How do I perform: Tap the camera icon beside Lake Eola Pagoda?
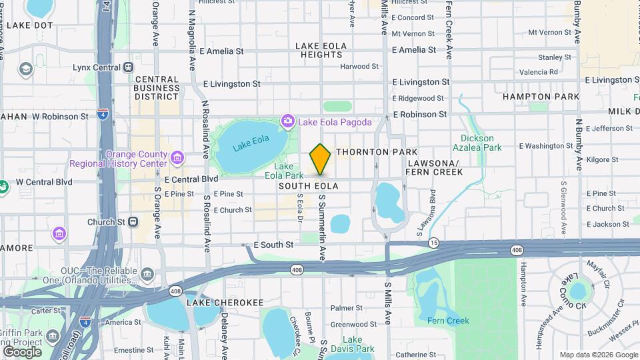(288, 121)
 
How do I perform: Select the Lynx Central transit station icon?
(128, 67)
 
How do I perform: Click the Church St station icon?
(133, 222)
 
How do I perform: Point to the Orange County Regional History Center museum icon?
(177, 158)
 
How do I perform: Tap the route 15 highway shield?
(434, 242)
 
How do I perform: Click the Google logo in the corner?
(22, 351)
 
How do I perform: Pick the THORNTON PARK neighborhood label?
(377, 152)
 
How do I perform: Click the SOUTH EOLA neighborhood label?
(309, 186)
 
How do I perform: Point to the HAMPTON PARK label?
(541, 97)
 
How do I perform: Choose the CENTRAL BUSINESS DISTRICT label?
(157, 87)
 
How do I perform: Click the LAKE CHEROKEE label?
(216, 303)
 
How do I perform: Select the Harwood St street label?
(359, 67)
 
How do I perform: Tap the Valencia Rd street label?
(539, 72)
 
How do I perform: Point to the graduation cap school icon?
(26, 69)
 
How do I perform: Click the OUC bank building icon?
(147, 275)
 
